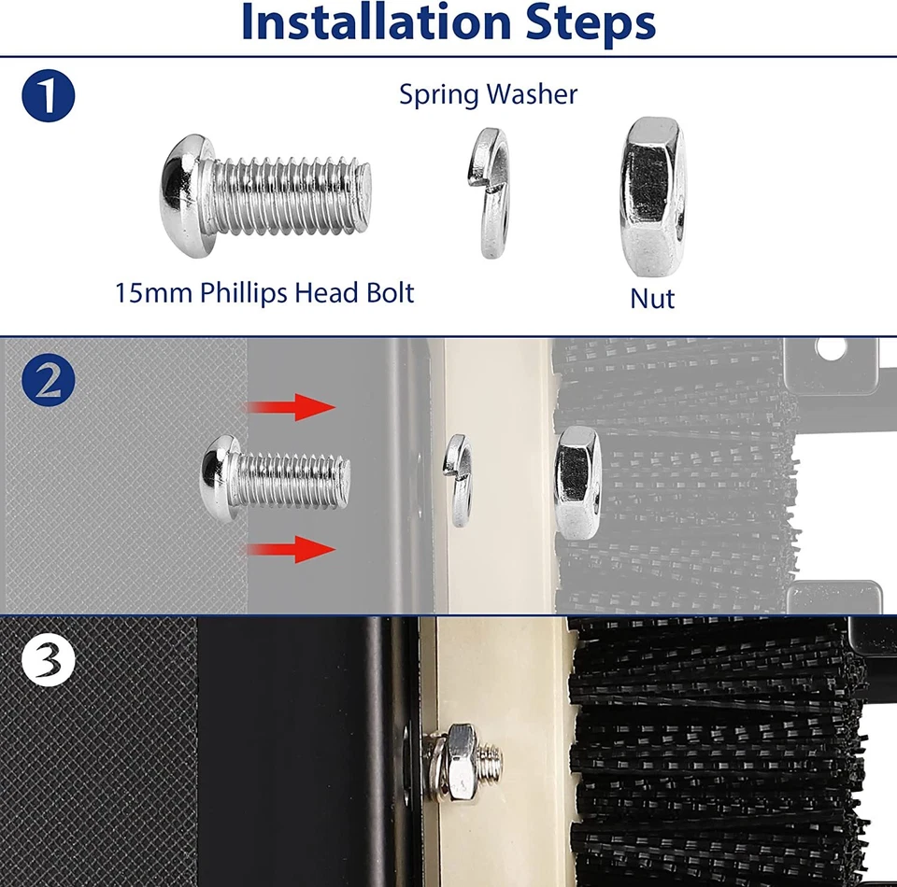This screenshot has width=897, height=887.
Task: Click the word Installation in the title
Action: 376,21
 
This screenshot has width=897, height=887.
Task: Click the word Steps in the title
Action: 590,24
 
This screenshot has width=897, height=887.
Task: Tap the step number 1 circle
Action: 48,95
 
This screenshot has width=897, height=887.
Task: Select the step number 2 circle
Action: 48,379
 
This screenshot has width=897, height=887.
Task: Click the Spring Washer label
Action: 488,94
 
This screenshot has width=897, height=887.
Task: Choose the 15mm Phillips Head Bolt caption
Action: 264,292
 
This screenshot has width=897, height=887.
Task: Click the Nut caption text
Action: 652,299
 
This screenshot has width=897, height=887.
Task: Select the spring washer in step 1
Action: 488,192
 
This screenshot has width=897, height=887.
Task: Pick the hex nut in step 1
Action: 652,197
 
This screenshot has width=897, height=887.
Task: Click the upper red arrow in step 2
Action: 290,407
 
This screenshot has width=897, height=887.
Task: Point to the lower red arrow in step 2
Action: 290,549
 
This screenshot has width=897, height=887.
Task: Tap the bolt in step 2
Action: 275,479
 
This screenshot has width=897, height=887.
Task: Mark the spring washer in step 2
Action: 458,479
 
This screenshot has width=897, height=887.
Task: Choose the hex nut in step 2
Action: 577,483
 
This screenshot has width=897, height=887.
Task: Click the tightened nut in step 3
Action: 461,763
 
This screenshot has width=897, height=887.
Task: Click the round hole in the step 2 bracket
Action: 831,348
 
